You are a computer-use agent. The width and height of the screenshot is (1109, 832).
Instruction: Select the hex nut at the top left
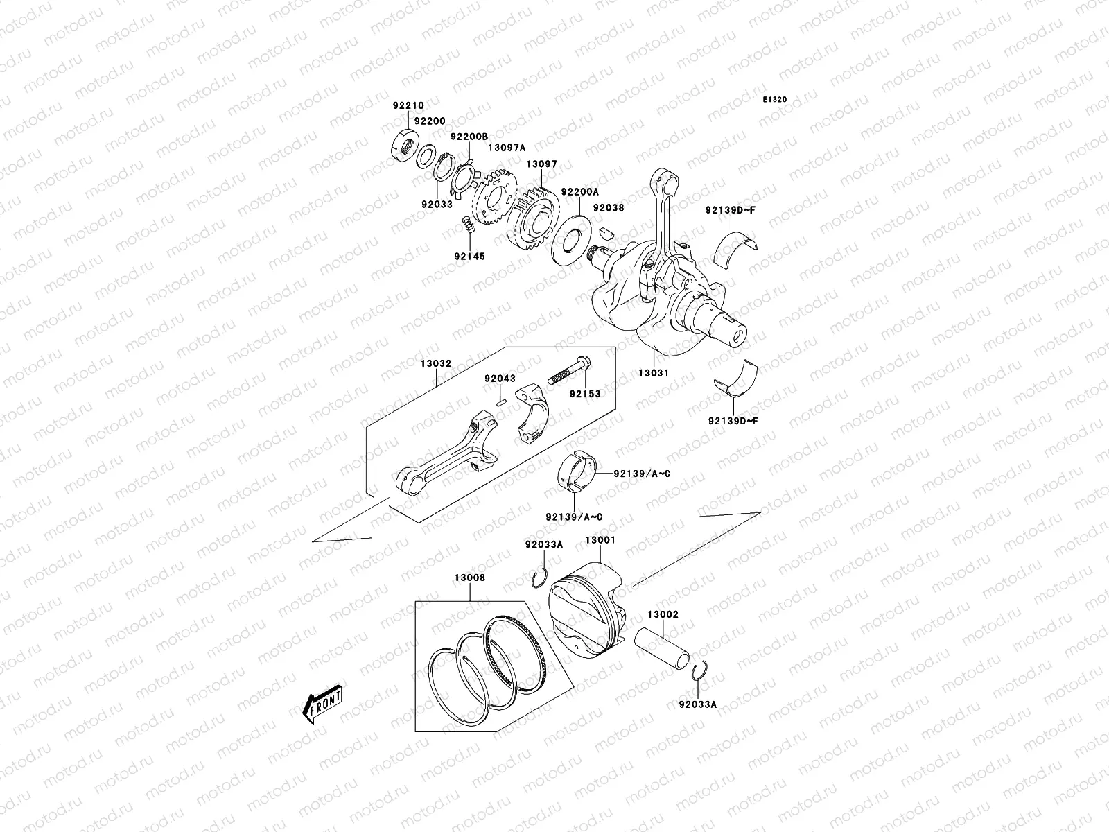(x=403, y=146)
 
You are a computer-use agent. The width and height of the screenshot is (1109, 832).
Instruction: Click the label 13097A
(x=507, y=148)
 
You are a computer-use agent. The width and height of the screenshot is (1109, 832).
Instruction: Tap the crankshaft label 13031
(x=653, y=373)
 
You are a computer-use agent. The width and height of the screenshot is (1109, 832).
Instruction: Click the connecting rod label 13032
(x=435, y=363)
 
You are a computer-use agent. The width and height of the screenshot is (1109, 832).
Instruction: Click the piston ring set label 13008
(x=469, y=578)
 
